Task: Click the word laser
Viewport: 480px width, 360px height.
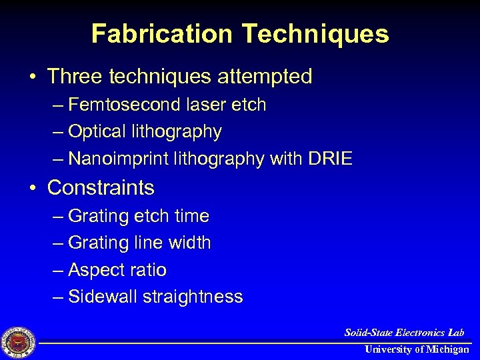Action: coord(201,105)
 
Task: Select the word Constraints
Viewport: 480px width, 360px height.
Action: coord(101,187)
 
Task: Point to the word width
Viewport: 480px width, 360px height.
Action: coord(190,243)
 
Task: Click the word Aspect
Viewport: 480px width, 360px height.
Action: coord(96,270)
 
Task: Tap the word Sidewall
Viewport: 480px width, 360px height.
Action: coord(103,297)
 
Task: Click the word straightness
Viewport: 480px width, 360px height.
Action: coord(193,297)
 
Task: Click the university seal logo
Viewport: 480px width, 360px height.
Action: coord(19,342)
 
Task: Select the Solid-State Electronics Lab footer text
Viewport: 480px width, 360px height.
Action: coord(404,332)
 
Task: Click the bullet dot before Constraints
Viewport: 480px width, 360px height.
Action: coord(33,188)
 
